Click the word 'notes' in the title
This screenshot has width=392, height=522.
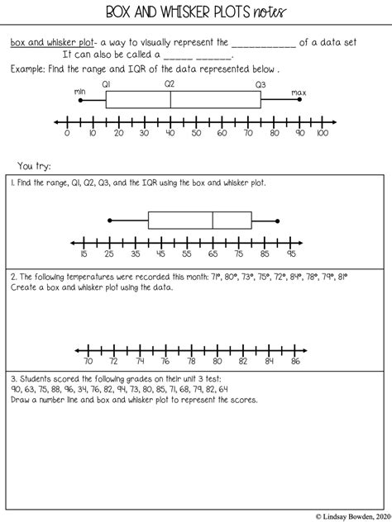click(265, 12)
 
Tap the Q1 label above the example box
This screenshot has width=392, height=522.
click(107, 84)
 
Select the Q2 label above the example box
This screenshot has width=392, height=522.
click(170, 84)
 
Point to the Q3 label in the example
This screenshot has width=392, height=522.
click(261, 84)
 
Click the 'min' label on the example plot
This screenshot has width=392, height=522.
click(79, 92)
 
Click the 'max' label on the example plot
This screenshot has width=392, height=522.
click(299, 93)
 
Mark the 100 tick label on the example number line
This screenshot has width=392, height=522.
click(322, 132)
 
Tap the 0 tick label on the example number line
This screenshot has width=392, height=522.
click(67, 132)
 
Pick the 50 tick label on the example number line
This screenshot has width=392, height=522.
click(195, 132)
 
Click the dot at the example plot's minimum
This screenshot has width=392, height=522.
click(80, 100)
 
